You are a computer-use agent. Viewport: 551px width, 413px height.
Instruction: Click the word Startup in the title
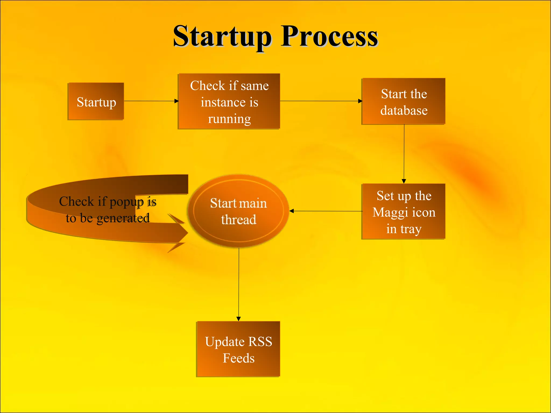point(222,36)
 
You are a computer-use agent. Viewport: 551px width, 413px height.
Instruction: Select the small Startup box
point(96,101)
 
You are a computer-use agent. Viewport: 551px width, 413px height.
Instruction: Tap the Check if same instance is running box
point(229,101)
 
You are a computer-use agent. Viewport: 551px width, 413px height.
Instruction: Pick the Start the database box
point(403,101)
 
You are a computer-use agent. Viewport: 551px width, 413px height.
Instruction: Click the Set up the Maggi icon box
point(403,211)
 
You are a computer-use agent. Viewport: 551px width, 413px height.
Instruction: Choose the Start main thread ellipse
point(238,211)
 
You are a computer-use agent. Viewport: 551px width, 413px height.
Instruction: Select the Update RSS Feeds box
point(238,349)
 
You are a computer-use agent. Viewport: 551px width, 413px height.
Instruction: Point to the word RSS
point(260,341)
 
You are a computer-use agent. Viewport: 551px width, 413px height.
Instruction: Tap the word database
point(404,111)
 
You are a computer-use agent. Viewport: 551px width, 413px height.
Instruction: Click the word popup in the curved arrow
point(126,202)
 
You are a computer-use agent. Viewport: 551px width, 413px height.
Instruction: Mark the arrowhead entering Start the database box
point(360,101)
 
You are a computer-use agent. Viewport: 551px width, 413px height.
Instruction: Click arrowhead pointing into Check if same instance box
point(176,101)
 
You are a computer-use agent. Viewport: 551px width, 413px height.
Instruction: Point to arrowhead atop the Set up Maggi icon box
point(404,181)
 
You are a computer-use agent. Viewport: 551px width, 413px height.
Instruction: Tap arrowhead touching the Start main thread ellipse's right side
point(292,211)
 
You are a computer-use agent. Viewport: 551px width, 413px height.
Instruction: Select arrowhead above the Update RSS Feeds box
point(238,319)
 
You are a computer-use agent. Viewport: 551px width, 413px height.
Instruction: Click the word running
point(229,119)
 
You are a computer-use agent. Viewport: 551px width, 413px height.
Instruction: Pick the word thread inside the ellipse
point(239,220)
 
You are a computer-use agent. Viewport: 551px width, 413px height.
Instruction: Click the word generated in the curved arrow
point(123,218)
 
